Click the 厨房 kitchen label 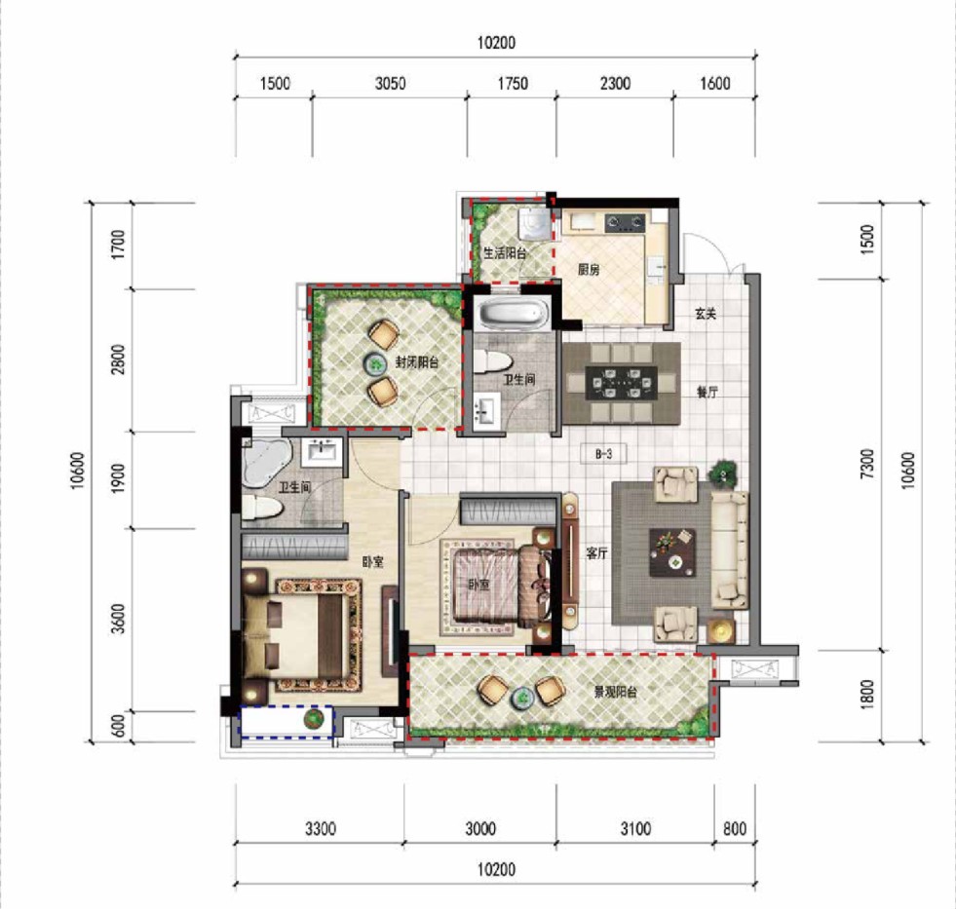tap(589, 269)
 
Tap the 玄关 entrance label tap(706, 314)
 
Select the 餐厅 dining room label tap(707, 392)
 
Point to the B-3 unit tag tap(603, 454)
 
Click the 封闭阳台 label tap(417, 362)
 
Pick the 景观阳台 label tap(616, 692)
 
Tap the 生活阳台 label tap(505, 252)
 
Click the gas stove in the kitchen tap(625, 222)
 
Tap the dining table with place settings tap(622, 383)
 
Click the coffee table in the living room tap(672, 552)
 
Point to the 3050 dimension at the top tap(390, 83)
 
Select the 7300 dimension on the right tap(866, 464)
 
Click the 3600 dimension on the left tap(118, 619)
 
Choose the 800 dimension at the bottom tap(735, 828)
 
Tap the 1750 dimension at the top tap(513, 83)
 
